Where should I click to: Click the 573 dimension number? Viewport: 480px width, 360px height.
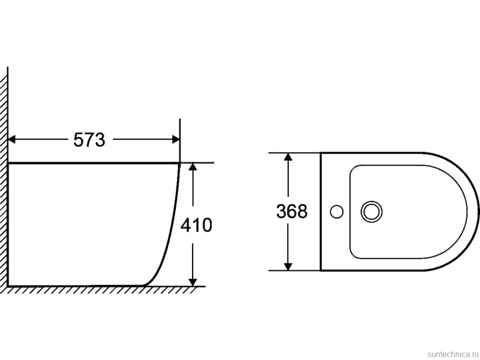click(x=89, y=140)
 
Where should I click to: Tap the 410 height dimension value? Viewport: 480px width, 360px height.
click(x=196, y=225)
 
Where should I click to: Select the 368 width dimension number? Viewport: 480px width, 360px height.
click(x=292, y=211)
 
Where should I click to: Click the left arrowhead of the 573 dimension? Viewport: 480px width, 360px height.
click(x=12, y=139)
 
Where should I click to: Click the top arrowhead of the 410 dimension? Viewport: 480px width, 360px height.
click(x=192, y=167)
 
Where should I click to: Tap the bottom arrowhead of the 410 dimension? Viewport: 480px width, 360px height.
click(x=192, y=282)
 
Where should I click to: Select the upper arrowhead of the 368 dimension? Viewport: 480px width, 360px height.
click(x=288, y=156)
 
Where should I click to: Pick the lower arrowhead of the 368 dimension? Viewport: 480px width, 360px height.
click(x=288, y=267)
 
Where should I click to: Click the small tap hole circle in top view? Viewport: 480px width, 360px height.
click(x=336, y=212)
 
